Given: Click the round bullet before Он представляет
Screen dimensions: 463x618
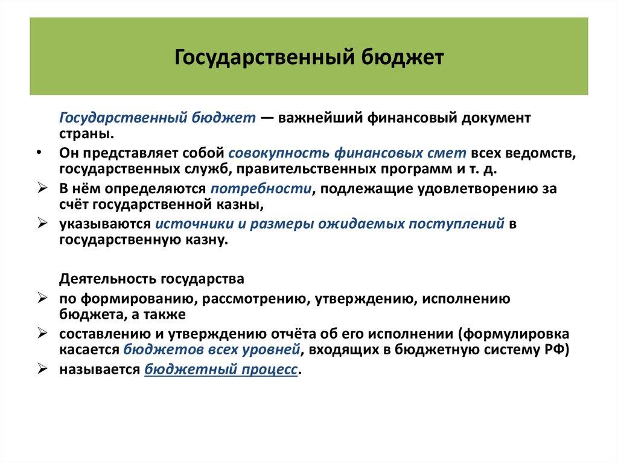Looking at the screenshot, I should pos(39,153).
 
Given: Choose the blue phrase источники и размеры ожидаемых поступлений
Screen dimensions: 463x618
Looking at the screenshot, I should pos(330,224).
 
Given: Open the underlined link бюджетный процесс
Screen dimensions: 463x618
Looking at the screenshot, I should pos(221,370).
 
